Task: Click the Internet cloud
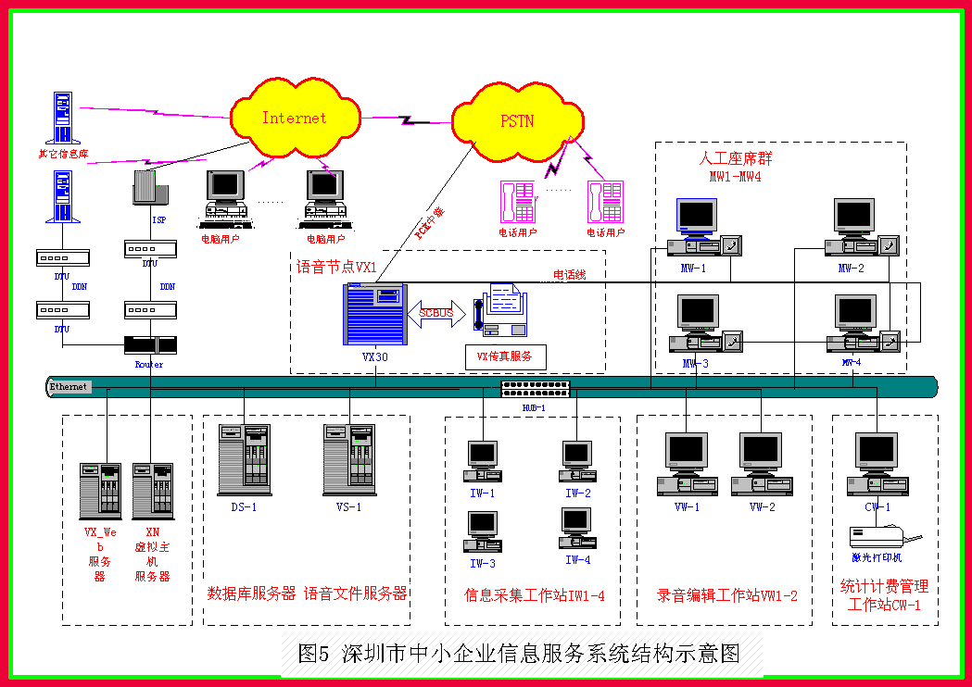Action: click(x=295, y=118)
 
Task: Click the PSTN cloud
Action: click(x=516, y=120)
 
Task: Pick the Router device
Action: click(x=148, y=345)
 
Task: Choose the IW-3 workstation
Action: click(x=483, y=532)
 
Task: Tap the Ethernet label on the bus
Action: click(x=69, y=386)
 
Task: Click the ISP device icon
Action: click(x=148, y=187)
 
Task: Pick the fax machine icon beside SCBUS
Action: click(x=501, y=311)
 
